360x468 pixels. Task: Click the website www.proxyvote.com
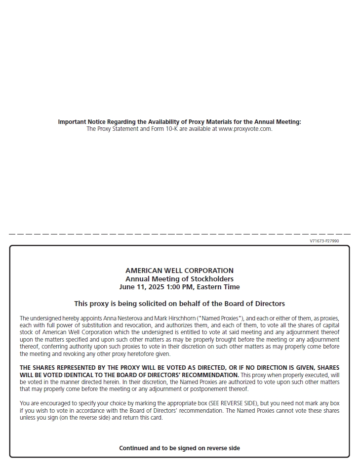click(x=245, y=129)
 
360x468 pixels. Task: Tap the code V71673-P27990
click(x=324, y=241)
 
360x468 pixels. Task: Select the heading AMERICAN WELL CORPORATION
click(x=179, y=271)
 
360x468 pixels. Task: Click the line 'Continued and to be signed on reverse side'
click(x=179, y=448)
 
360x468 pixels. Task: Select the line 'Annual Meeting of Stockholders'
click(x=179, y=279)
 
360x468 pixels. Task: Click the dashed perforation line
click(x=179, y=234)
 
